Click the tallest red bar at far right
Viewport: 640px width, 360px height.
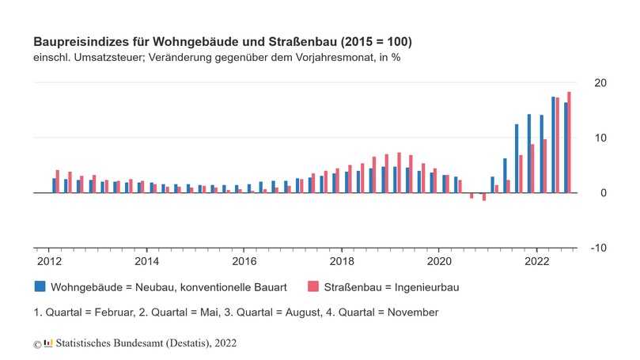[x=569, y=142]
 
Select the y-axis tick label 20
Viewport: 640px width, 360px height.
[x=600, y=83]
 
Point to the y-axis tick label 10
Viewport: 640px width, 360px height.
[x=600, y=138]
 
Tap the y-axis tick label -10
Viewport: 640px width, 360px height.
[x=598, y=248]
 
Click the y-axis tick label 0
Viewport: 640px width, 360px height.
[x=603, y=193]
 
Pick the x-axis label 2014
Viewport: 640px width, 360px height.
[x=146, y=260]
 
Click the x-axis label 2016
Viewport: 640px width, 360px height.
[x=244, y=260]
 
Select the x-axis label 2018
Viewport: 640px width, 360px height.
[x=342, y=260]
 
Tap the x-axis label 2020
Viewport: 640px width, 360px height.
[x=439, y=260]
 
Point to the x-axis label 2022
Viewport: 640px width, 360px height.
[x=537, y=260]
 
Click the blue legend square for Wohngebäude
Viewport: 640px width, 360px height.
[x=40, y=286]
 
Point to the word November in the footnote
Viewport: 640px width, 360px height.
[x=411, y=312]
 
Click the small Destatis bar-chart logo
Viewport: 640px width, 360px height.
[x=48, y=343]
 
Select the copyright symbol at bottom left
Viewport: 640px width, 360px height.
[x=36, y=344]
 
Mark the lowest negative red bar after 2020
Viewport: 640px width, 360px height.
[x=484, y=197]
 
